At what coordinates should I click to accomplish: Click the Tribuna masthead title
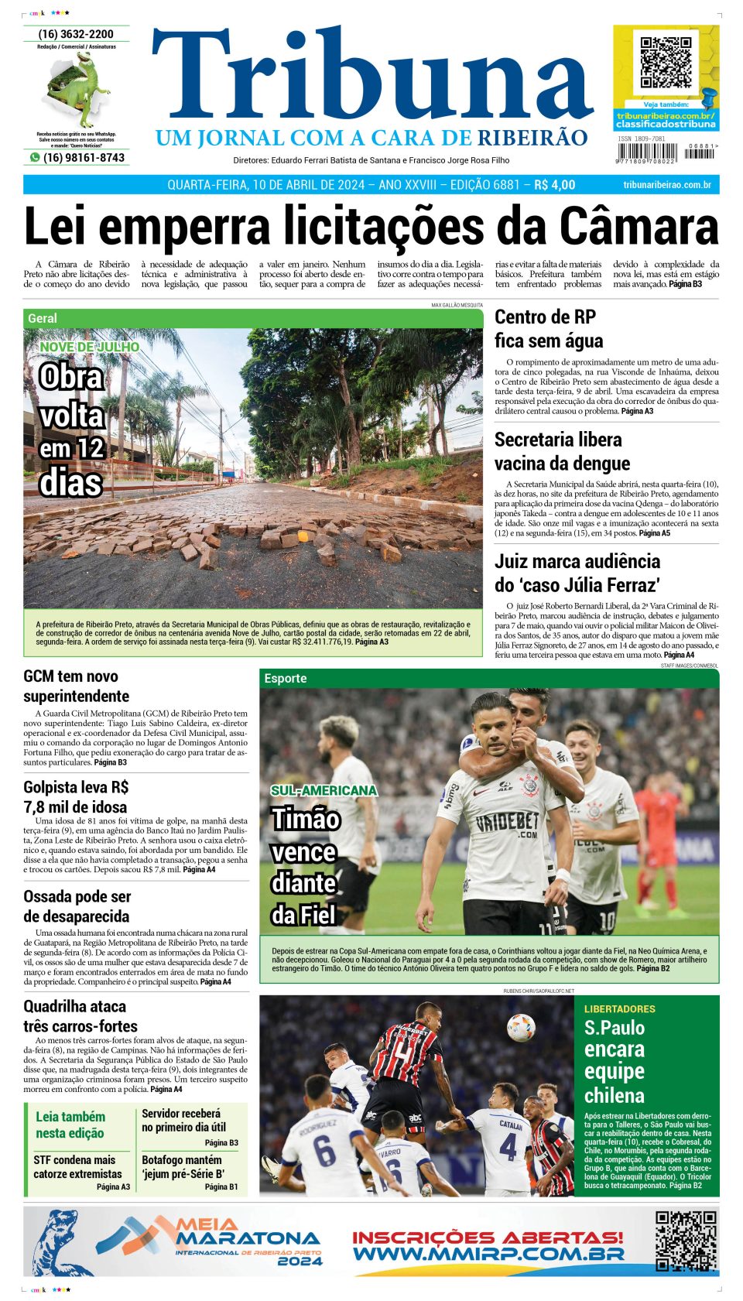(x=371, y=77)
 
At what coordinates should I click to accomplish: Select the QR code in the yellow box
(x=666, y=62)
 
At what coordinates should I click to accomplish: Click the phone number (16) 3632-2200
(x=76, y=34)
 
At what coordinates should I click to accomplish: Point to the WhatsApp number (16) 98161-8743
(x=83, y=157)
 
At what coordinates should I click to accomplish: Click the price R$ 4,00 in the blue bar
(x=554, y=185)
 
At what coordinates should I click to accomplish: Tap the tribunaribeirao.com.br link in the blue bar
(x=666, y=185)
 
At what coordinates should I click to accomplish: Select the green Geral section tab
(x=43, y=318)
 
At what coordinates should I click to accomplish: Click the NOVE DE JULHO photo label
(x=90, y=347)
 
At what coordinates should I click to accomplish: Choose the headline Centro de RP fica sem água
(x=549, y=329)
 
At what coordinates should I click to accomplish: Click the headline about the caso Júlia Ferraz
(x=577, y=573)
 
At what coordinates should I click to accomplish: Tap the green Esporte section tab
(x=286, y=678)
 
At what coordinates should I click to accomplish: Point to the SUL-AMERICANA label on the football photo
(x=324, y=790)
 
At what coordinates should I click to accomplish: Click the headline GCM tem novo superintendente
(x=76, y=686)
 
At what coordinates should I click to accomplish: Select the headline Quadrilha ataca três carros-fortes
(x=74, y=1015)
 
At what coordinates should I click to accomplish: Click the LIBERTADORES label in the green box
(x=619, y=1009)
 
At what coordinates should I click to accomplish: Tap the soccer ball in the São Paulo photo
(x=520, y=1027)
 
